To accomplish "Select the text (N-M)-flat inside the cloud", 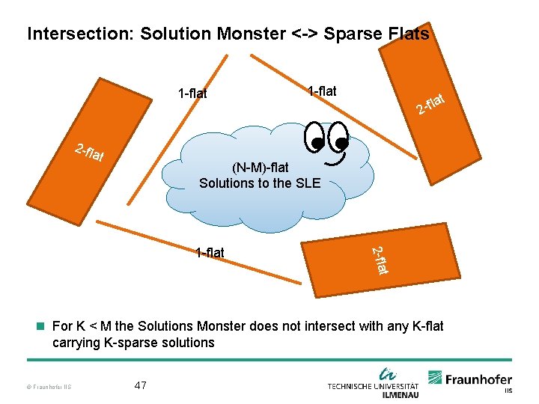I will click(260, 168).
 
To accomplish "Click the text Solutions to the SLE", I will click(259, 183).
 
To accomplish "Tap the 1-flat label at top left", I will click(192, 94).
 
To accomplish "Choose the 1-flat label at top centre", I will click(322, 91).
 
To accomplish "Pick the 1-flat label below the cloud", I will click(210, 252).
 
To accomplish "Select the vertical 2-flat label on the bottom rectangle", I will click(381, 259).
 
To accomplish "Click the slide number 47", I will click(140, 385).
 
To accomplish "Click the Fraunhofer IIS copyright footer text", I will click(47, 387).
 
